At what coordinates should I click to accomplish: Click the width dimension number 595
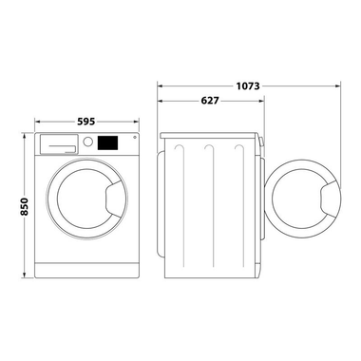click(x=84, y=121)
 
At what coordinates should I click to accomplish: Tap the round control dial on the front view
click(x=88, y=142)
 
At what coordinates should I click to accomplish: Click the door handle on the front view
click(x=113, y=199)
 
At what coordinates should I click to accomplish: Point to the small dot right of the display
click(x=132, y=139)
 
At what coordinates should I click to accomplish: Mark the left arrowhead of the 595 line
click(x=36, y=121)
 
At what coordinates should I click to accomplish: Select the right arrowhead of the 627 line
click(x=261, y=101)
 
